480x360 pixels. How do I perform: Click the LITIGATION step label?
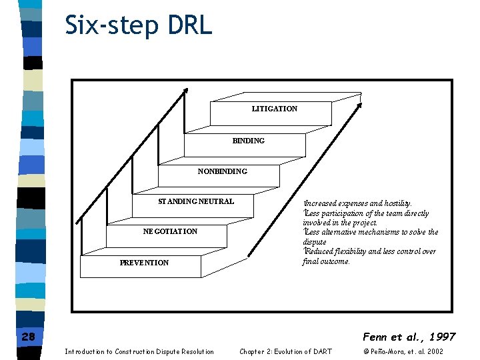[x=274, y=109]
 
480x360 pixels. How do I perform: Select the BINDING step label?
[x=248, y=141]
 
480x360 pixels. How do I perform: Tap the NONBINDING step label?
[x=222, y=171]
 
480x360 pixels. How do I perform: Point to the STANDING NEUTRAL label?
[x=196, y=201]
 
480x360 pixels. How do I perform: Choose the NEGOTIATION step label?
[x=170, y=231]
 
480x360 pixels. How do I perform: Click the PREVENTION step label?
[x=144, y=263]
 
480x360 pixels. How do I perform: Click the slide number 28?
[x=28, y=337]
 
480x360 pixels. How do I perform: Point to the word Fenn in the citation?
[x=377, y=337]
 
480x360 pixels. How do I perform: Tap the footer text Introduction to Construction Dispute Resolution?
[x=139, y=351]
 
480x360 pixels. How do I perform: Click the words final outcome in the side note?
[x=326, y=261]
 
